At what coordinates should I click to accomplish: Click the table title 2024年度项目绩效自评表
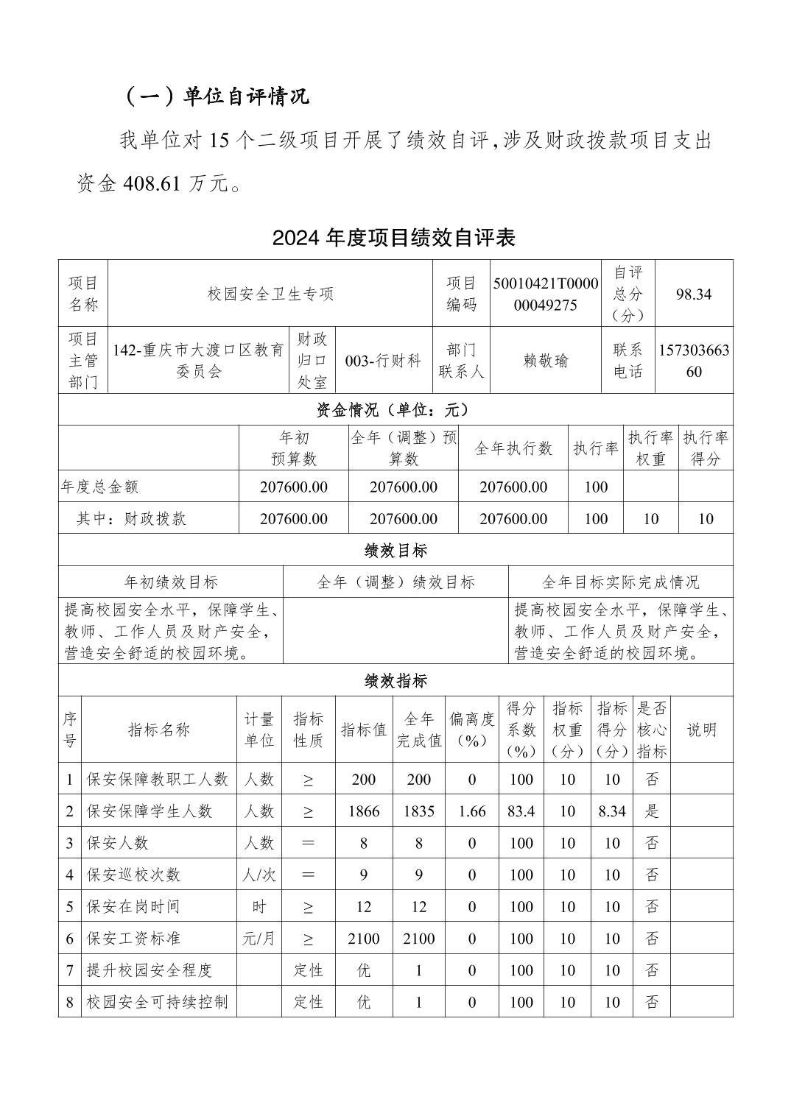[x=393, y=238]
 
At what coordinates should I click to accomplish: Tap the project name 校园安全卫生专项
[x=270, y=294]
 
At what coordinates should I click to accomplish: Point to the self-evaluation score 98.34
[x=693, y=294]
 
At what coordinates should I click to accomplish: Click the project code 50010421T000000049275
[x=546, y=294]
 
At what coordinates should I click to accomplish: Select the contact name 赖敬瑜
[x=546, y=361]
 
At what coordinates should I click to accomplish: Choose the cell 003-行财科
[x=383, y=361]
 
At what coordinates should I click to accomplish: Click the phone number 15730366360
[x=693, y=361]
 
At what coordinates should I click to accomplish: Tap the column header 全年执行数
[x=513, y=448]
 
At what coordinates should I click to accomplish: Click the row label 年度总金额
[x=99, y=487]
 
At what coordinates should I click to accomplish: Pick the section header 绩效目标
[x=395, y=551]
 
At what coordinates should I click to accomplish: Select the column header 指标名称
[x=158, y=730]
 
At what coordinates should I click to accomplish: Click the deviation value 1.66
[x=471, y=811]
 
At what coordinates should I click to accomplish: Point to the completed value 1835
[x=418, y=811]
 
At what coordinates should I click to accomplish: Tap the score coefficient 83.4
[x=521, y=811]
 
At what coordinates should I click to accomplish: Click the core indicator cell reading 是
[x=651, y=811]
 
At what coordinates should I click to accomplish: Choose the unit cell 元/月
[x=259, y=939]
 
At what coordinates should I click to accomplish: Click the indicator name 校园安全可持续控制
[x=157, y=1002]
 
